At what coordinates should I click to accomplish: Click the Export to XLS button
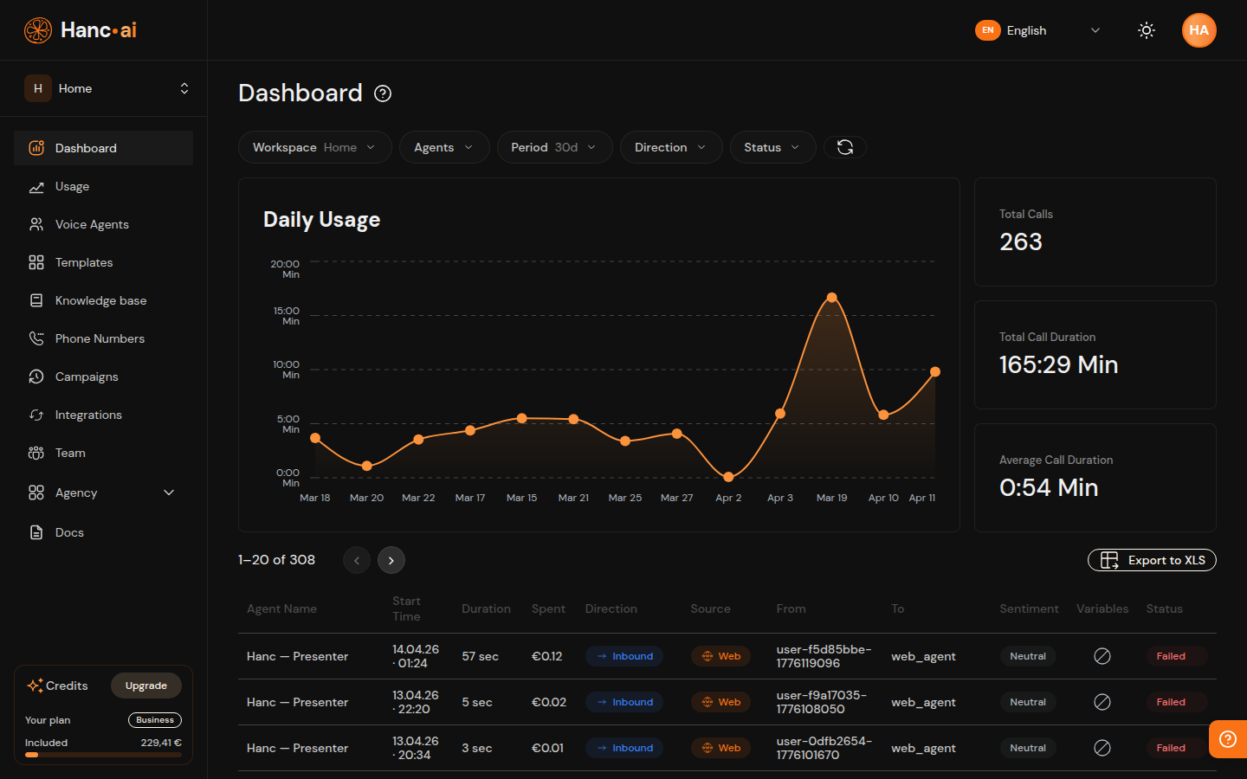pos(1152,560)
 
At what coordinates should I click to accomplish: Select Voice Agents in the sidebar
pos(92,224)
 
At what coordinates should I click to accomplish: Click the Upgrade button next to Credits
pos(145,686)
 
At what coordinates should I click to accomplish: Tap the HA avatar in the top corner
pos(1199,30)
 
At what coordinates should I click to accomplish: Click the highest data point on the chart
pos(831,298)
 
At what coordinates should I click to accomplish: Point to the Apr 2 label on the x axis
pos(728,498)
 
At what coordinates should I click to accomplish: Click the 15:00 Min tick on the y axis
pos(287,316)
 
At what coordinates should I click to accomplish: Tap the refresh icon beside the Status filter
pos(845,147)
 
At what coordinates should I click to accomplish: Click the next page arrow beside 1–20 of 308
pos(391,560)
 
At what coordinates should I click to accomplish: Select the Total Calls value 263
pos(1021,242)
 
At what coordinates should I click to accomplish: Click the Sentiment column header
pos(1029,608)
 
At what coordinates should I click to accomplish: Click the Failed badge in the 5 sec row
pos(1171,702)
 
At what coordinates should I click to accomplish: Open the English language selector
pos(1037,30)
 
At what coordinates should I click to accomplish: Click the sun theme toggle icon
pos(1147,30)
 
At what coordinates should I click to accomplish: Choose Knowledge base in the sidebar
pos(100,300)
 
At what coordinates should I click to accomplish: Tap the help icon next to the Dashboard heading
pos(383,93)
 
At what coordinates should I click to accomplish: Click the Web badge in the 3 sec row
pos(721,748)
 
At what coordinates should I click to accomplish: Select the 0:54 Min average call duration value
pos(1049,488)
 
